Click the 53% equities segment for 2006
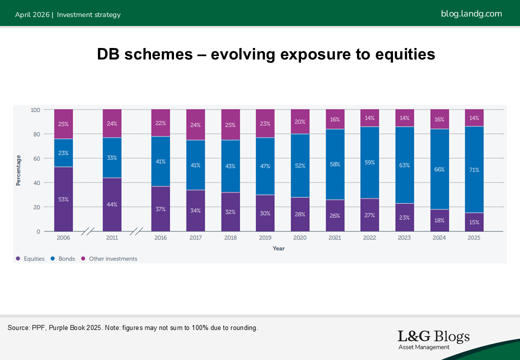(63, 199)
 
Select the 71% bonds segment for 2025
(474, 170)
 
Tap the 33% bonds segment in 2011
(112, 157)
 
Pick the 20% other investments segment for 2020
(300, 121)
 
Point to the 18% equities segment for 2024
(439, 220)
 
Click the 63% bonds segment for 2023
(404, 165)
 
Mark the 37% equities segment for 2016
(160, 209)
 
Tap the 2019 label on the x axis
(265, 238)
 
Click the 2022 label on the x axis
(369, 238)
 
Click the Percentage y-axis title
(18, 170)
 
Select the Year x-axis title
(278, 248)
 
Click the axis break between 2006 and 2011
(88, 231)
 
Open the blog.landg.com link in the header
(471, 13)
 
